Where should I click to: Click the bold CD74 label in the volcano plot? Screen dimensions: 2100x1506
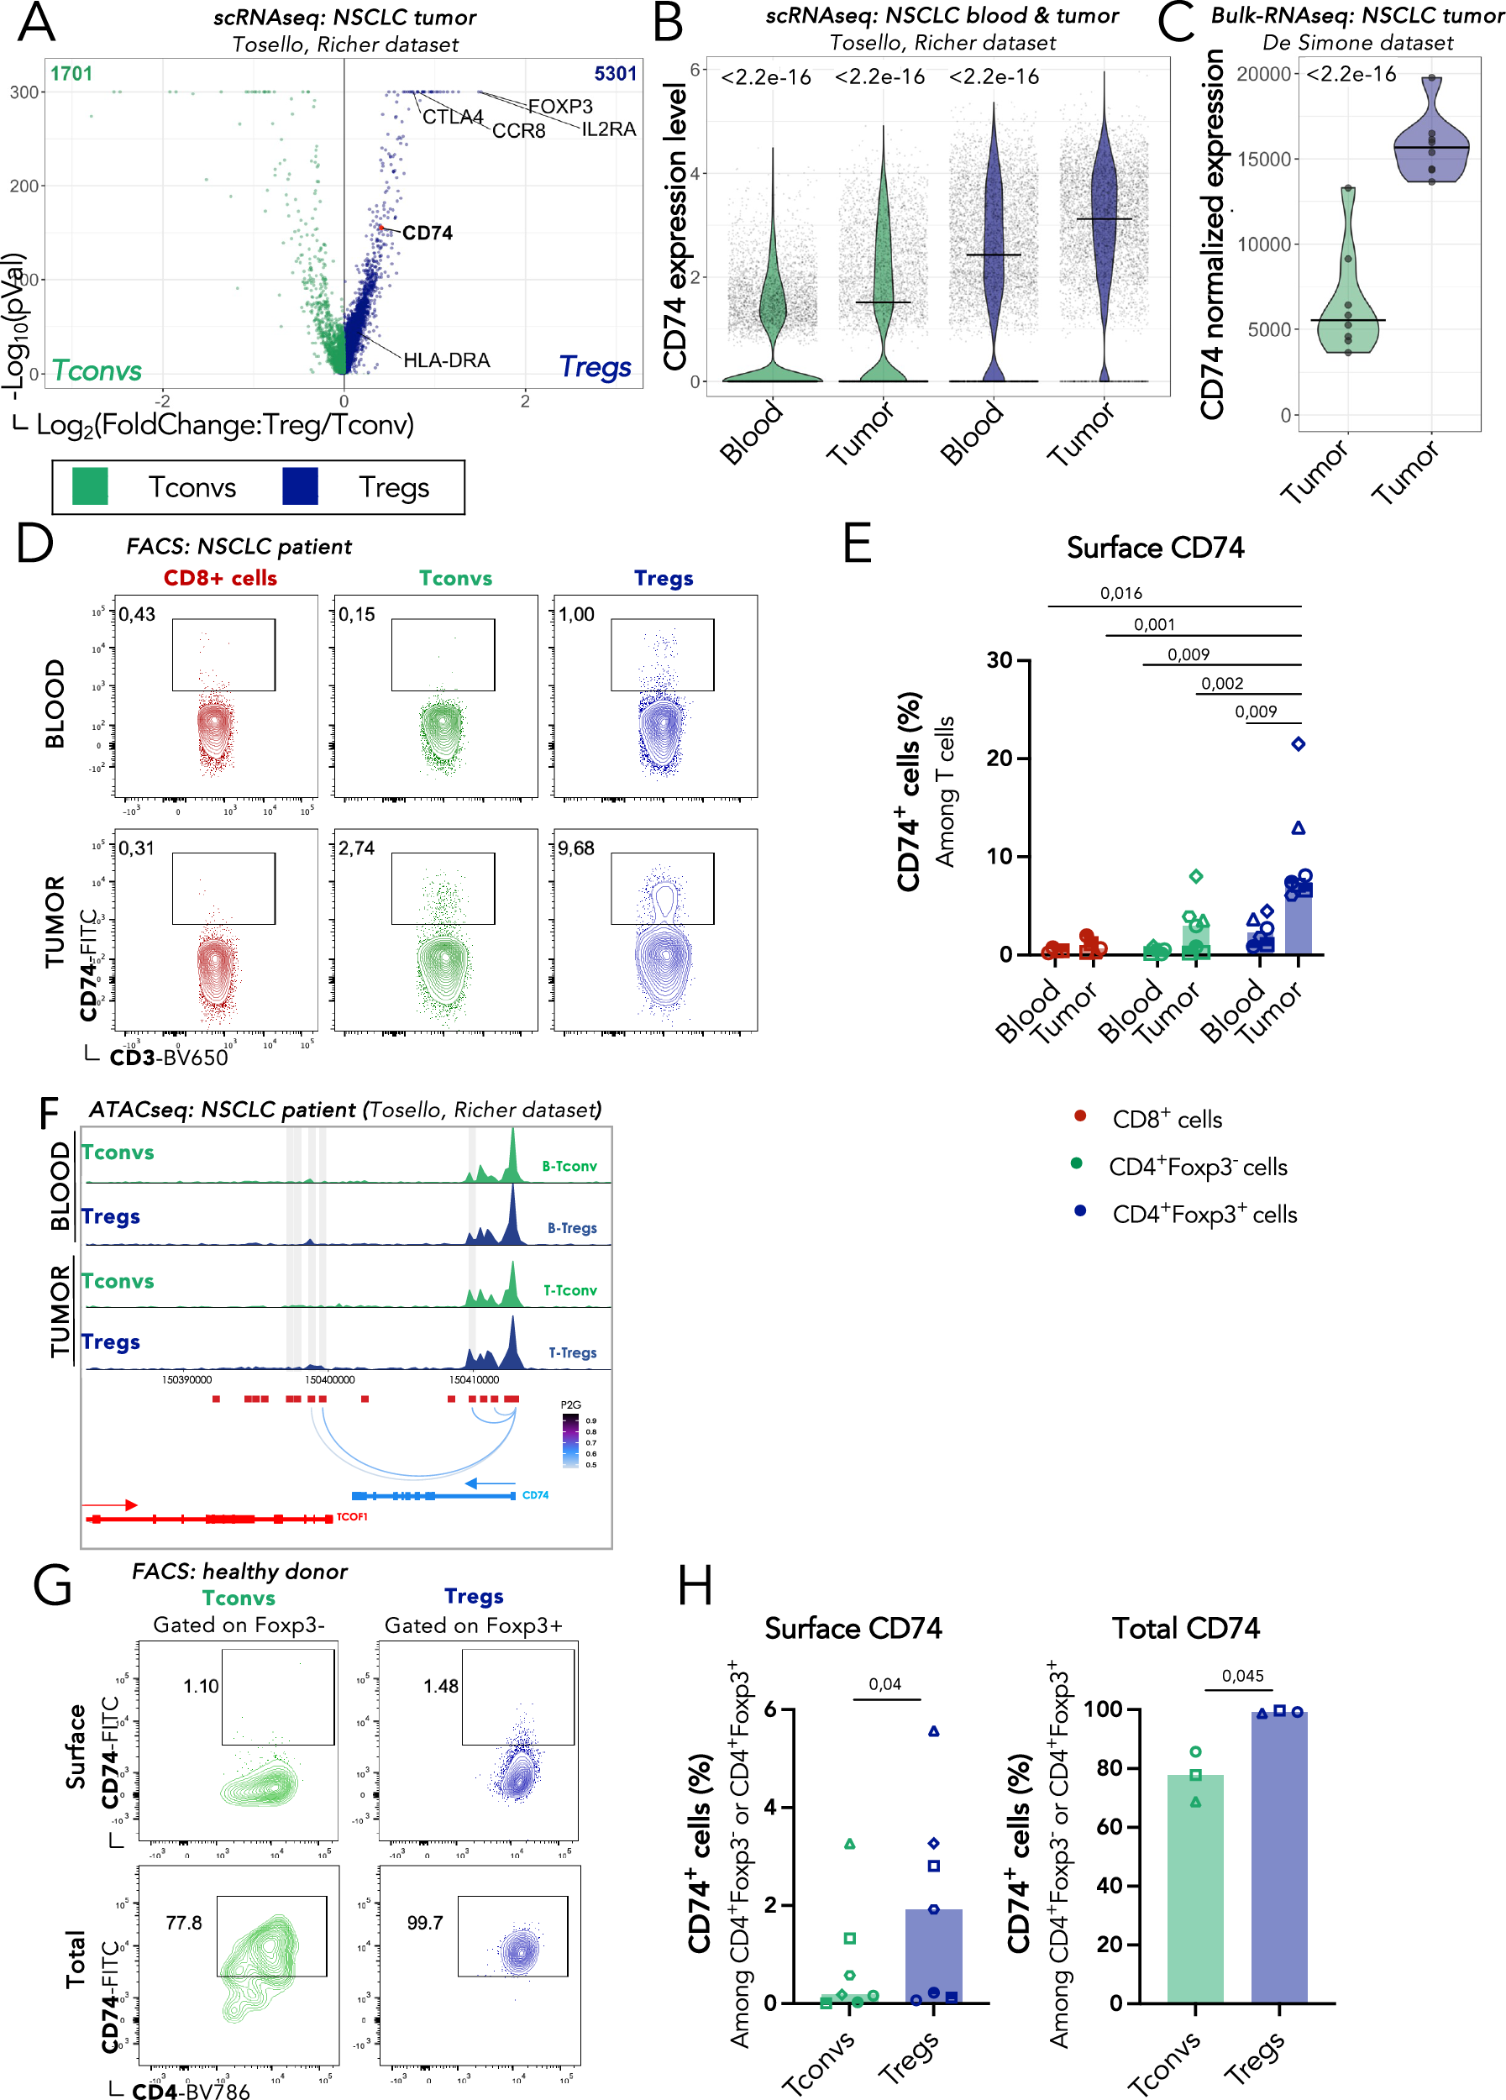click(x=427, y=233)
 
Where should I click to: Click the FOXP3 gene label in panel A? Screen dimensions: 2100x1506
click(x=560, y=107)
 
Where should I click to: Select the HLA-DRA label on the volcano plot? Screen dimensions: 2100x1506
click(x=446, y=360)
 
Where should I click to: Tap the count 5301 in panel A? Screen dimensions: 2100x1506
click(x=616, y=74)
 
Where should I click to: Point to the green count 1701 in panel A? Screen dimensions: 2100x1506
click(x=71, y=74)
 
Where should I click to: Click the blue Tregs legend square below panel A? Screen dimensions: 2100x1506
click(x=300, y=486)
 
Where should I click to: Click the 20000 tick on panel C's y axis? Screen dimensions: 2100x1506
click(x=1263, y=74)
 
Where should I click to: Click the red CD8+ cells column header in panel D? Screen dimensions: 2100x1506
click(x=220, y=578)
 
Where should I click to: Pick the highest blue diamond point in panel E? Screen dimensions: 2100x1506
click(x=1298, y=743)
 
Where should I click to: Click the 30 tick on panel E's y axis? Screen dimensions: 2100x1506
click(x=1000, y=660)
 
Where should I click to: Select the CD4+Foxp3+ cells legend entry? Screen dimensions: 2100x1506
click(x=1204, y=1215)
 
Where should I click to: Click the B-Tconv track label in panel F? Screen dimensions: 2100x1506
click(x=569, y=1167)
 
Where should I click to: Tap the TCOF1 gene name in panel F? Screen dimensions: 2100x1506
click(x=352, y=1517)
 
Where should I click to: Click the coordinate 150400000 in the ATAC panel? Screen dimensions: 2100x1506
click(x=329, y=1379)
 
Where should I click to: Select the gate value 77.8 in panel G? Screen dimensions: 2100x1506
click(x=183, y=1923)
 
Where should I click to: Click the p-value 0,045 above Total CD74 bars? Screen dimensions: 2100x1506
click(x=1242, y=1676)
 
